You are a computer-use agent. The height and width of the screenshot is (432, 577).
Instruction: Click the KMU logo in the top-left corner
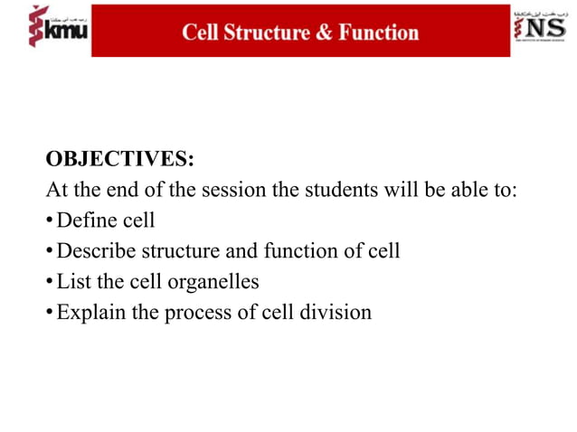(x=56, y=28)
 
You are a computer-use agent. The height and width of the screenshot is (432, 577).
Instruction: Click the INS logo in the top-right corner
(x=542, y=30)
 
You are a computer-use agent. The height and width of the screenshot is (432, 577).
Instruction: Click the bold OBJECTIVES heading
(x=119, y=161)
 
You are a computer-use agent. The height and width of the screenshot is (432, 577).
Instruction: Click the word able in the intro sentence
(x=457, y=192)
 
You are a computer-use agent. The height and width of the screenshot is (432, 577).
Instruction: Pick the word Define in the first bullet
(x=87, y=221)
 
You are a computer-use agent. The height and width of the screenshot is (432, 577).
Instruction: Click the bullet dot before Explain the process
(x=50, y=314)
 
